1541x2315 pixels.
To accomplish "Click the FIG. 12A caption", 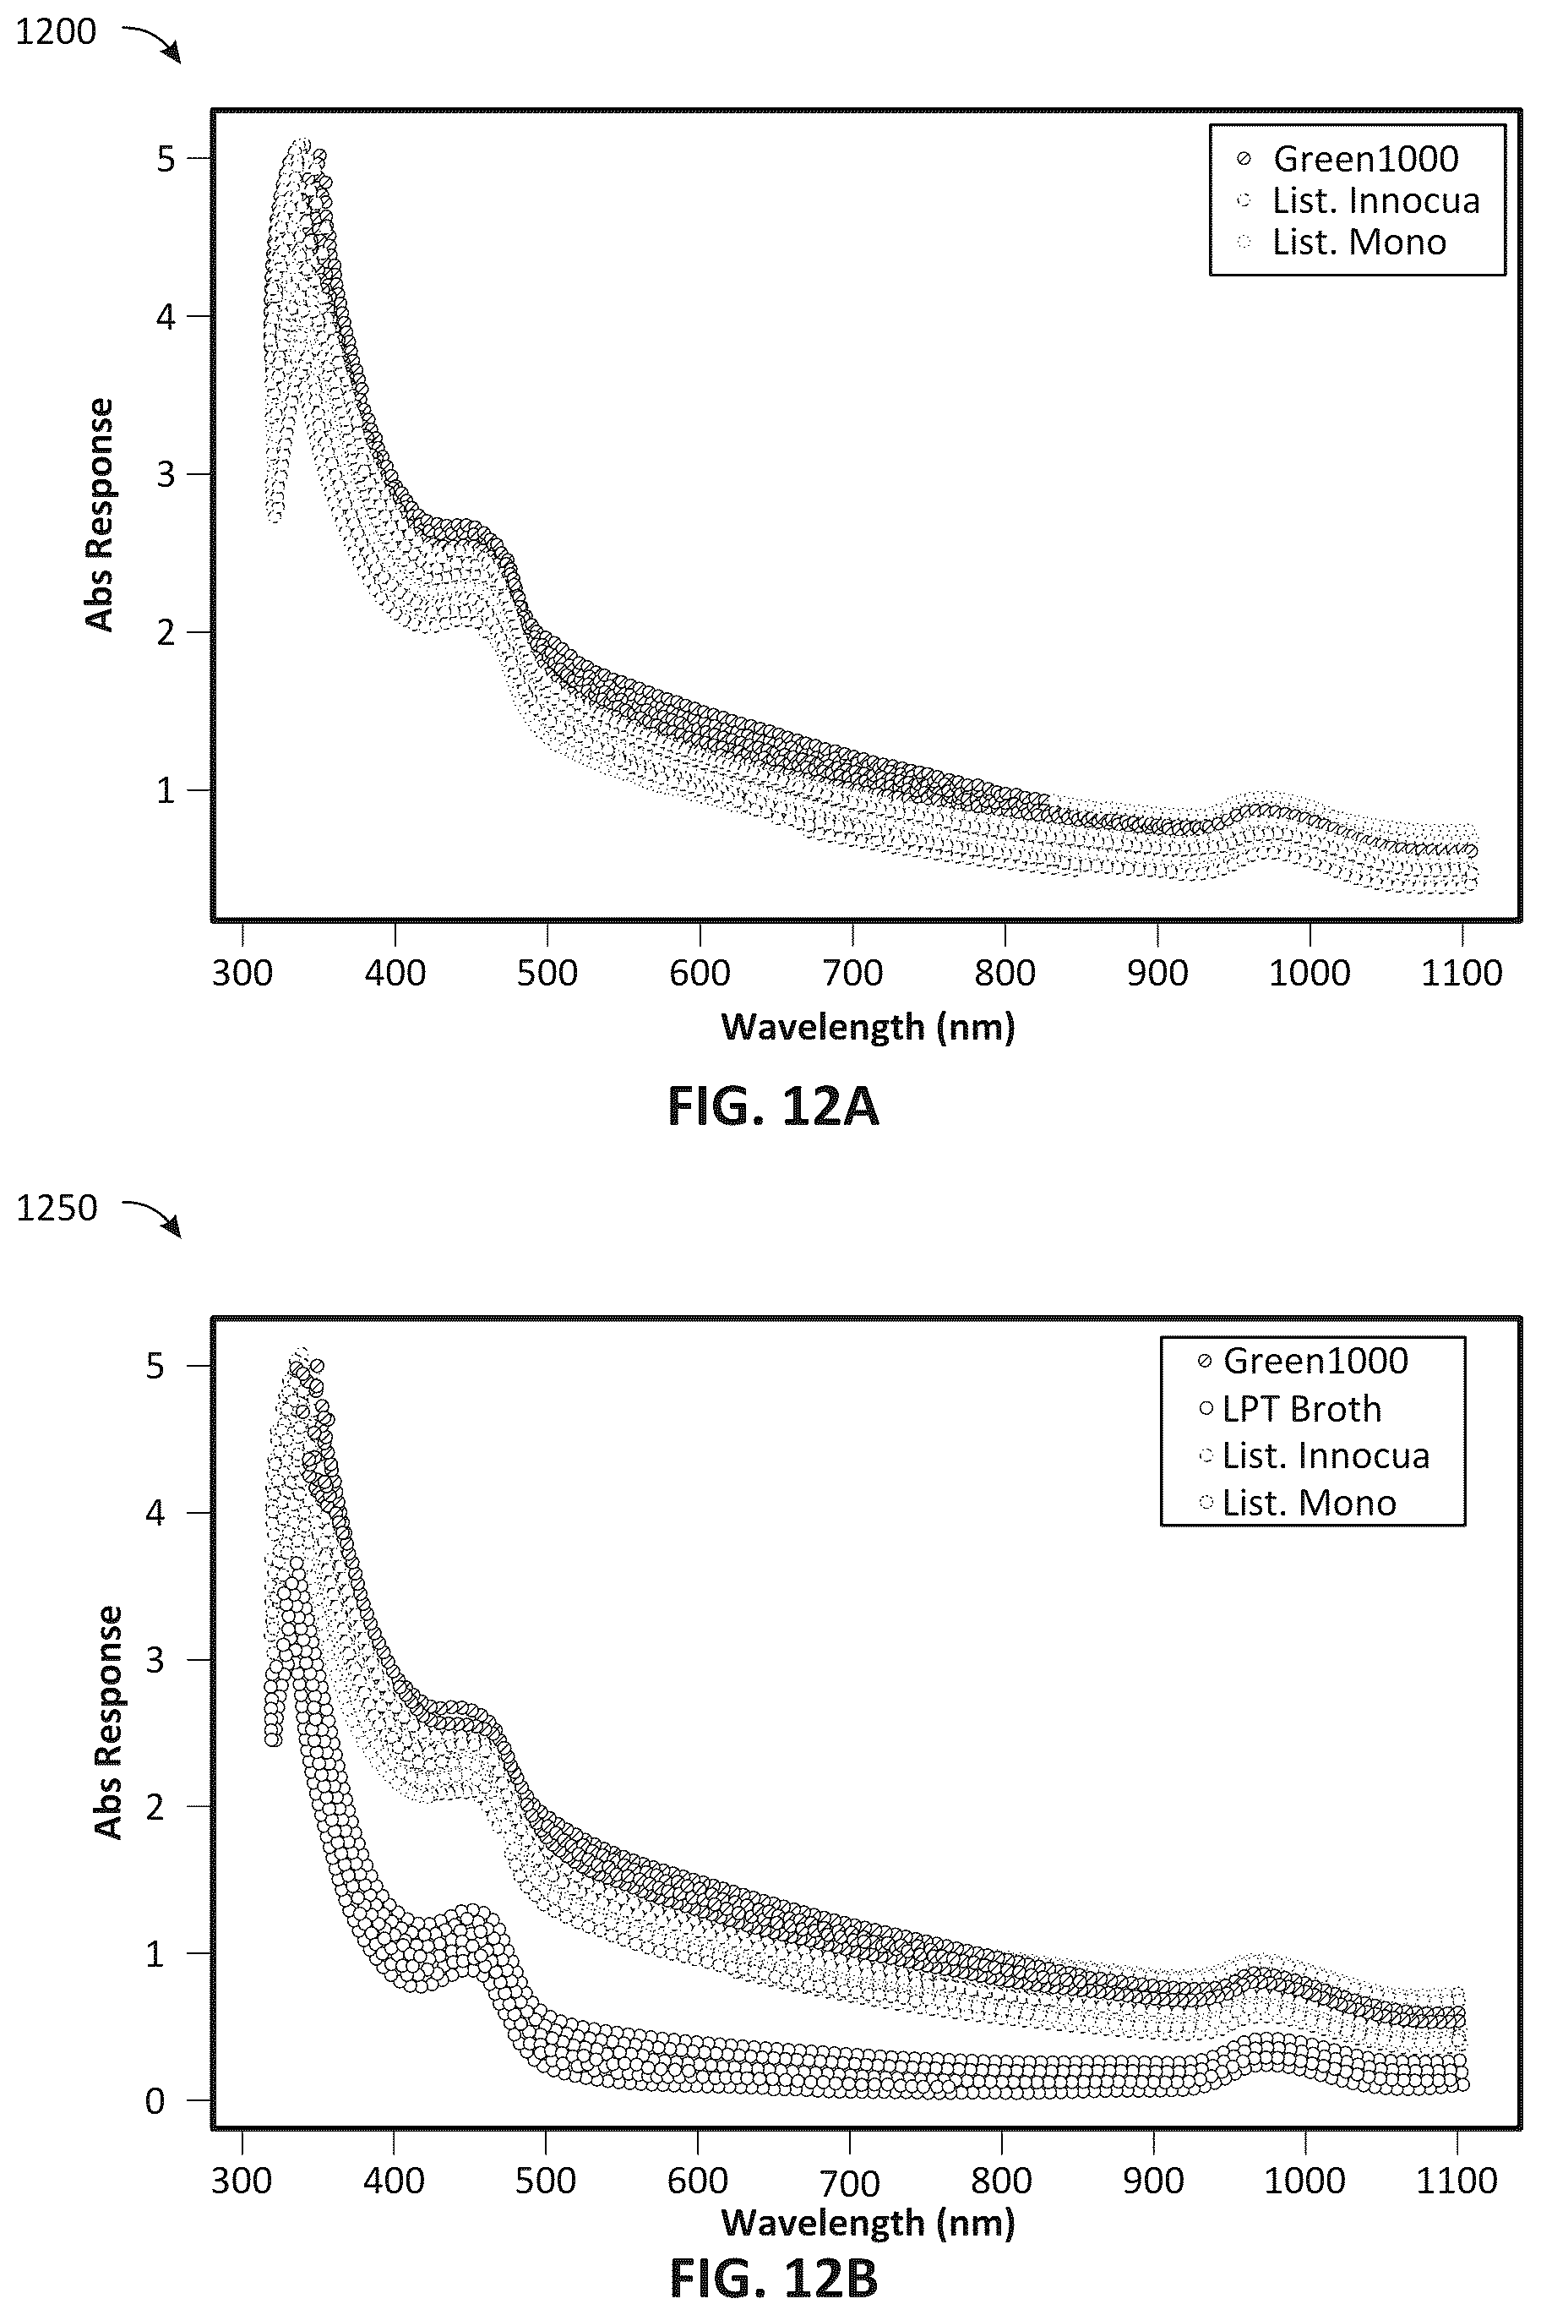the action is pyautogui.click(x=772, y=1107).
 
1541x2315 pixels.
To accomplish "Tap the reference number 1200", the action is pyautogui.click(x=56, y=32).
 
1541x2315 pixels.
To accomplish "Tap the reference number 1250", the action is pyautogui.click(x=57, y=1208).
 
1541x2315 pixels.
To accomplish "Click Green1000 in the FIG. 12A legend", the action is pyautogui.click(x=1365, y=158).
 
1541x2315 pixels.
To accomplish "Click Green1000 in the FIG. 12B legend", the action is pyautogui.click(x=1315, y=1361).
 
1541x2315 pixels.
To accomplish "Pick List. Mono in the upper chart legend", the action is pyautogui.click(x=1359, y=243).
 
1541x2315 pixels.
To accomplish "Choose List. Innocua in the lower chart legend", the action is pyautogui.click(x=1326, y=1455).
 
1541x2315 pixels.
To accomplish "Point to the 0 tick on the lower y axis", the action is pyautogui.click(x=155, y=2102).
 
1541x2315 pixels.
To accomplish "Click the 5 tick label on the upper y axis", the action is pyautogui.click(x=166, y=158).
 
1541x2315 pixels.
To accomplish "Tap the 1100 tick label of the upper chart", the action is pyautogui.click(x=1462, y=973).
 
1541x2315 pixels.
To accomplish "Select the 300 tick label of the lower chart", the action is pyautogui.click(x=241, y=2181).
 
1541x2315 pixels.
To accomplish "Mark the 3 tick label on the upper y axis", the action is pyautogui.click(x=166, y=474).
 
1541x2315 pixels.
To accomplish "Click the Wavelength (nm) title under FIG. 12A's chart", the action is pyautogui.click(x=868, y=1027).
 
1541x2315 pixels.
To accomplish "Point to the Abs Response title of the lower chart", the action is pyautogui.click(x=109, y=1723).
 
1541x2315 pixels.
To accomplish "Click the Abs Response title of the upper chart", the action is pyautogui.click(x=101, y=514).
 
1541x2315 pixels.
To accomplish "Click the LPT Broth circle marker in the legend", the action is pyautogui.click(x=1206, y=1409).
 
